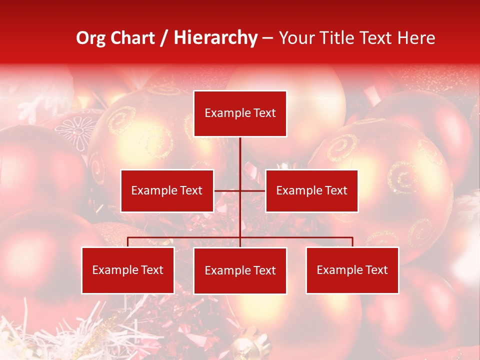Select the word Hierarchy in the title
215,38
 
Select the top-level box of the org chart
240,113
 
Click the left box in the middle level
167,190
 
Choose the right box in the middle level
311,190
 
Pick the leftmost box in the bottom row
128,270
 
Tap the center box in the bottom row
240,270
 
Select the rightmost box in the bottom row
352,270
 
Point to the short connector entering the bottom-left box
128,242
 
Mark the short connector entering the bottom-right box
352,242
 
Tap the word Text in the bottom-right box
376,270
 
